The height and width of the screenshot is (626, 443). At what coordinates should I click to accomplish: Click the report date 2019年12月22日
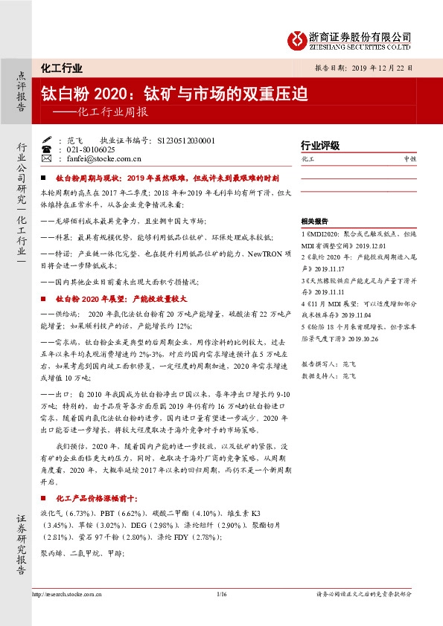pyautogui.click(x=380, y=68)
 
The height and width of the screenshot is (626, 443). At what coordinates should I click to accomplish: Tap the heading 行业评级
pyautogui.click(x=319, y=146)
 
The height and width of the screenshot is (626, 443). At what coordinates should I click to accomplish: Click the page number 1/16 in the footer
pyautogui.click(x=220, y=593)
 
